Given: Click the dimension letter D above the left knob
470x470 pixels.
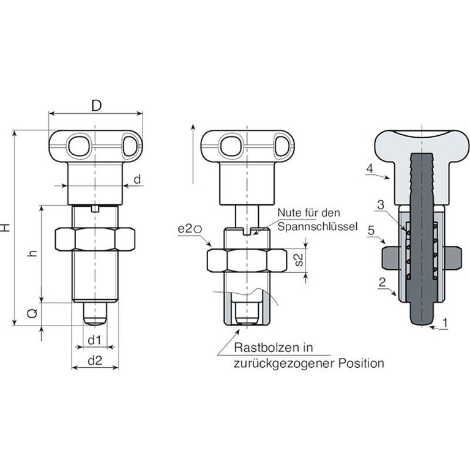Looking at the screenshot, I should pos(96,105).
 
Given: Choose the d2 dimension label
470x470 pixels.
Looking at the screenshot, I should pos(94,361).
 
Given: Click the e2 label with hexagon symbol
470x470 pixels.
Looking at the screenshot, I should pos(190,229).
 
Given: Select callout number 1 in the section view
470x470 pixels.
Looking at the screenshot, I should pos(445,321).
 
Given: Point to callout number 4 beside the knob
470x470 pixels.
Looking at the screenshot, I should pos(370,168).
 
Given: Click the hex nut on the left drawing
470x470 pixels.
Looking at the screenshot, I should pos(95,239).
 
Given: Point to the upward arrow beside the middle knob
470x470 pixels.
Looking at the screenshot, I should pos(193,153).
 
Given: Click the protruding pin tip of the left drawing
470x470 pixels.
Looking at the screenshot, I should pos(95,314).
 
